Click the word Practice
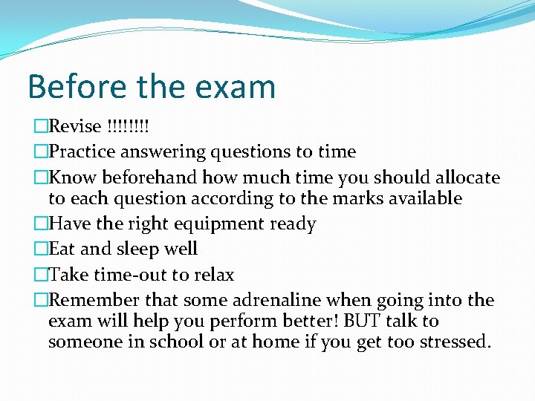point(81,152)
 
